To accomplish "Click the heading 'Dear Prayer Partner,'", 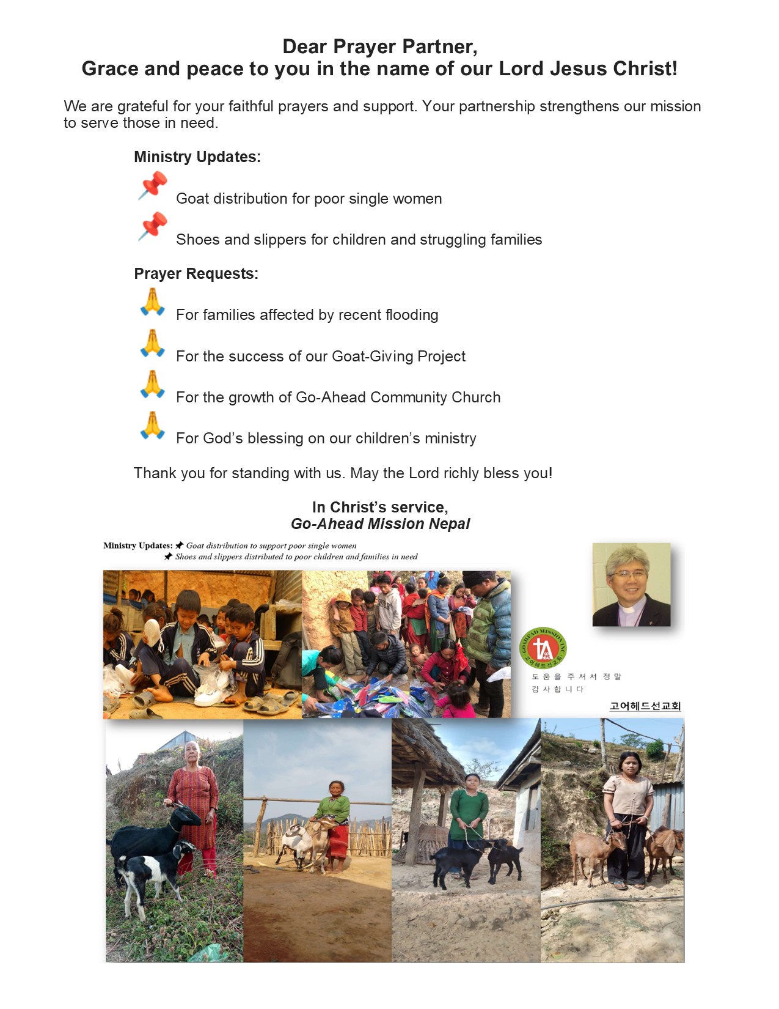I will pos(379,46).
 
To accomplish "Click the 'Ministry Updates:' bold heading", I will pos(197,157).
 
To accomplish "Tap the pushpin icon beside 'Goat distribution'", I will pos(153,185).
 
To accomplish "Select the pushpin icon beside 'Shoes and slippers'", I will pos(153,226).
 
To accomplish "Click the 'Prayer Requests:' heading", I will pos(196,274).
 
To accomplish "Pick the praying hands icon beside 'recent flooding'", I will pos(152,302).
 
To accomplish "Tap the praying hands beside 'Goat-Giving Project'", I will pos(152,343).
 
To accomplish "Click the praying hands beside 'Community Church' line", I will pos(152,384).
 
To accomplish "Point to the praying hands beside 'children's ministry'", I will pos(152,426).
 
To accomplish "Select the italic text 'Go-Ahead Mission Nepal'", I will pos(380,524).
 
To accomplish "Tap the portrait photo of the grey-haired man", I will pos(631,585).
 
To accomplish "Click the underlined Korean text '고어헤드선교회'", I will pos(645,706).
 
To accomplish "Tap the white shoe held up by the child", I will pos(151,636).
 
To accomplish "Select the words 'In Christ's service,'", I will pos(380,507).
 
